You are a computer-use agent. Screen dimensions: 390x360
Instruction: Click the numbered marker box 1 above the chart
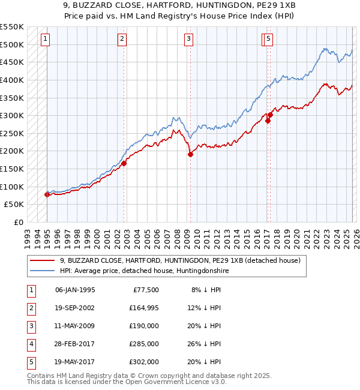tap(46, 40)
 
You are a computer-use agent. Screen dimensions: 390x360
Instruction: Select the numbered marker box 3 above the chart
tap(188, 40)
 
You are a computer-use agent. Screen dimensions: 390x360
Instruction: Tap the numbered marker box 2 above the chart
tap(122, 40)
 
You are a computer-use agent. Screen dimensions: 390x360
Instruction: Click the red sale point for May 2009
tap(190, 154)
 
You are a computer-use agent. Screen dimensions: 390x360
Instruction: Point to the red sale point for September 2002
tap(124, 163)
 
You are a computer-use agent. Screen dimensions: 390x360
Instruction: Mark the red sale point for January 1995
tap(47, 194)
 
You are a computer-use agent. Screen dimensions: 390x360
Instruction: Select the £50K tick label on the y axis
tap(14, 205)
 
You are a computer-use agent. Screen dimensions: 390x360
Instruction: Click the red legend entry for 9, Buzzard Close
tap(180, 260)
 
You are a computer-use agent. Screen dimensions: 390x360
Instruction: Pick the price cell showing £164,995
tap(143, 308)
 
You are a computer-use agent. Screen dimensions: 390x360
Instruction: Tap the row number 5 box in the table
tap(31, 362)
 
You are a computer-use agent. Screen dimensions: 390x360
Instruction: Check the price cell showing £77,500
tap(146, 290)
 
